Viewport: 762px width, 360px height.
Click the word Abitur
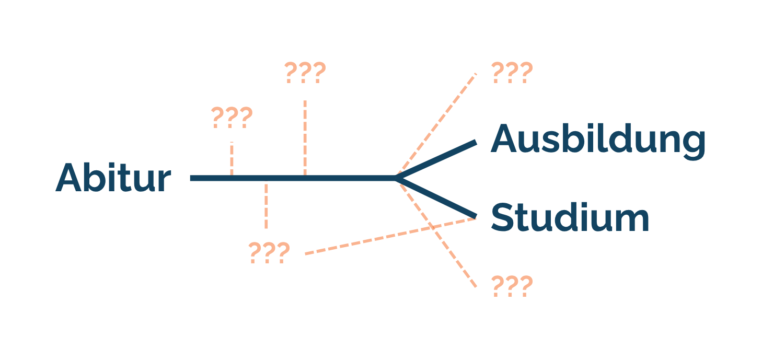coord(113,178)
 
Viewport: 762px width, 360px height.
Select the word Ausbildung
coord(598,141)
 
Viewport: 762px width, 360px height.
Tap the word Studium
coord(570,217)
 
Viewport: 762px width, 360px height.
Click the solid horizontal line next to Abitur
coord(293,178)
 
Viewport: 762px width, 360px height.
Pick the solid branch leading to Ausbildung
coord(436,159)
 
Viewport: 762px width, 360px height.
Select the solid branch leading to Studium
coord(436,198)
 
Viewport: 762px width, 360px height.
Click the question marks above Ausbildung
coord(512,73)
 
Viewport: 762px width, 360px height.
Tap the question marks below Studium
coord(512,286)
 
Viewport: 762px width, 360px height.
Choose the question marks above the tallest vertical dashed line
coord(305,73)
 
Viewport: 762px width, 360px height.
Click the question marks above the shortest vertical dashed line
coord(232,117)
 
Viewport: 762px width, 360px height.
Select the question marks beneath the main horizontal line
coord(269,252)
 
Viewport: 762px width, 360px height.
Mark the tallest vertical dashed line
coord(305,137)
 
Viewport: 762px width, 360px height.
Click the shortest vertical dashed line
coord(232,158)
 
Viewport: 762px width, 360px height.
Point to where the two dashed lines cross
coord(432,227)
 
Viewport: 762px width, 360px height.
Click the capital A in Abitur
coord(68,178)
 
